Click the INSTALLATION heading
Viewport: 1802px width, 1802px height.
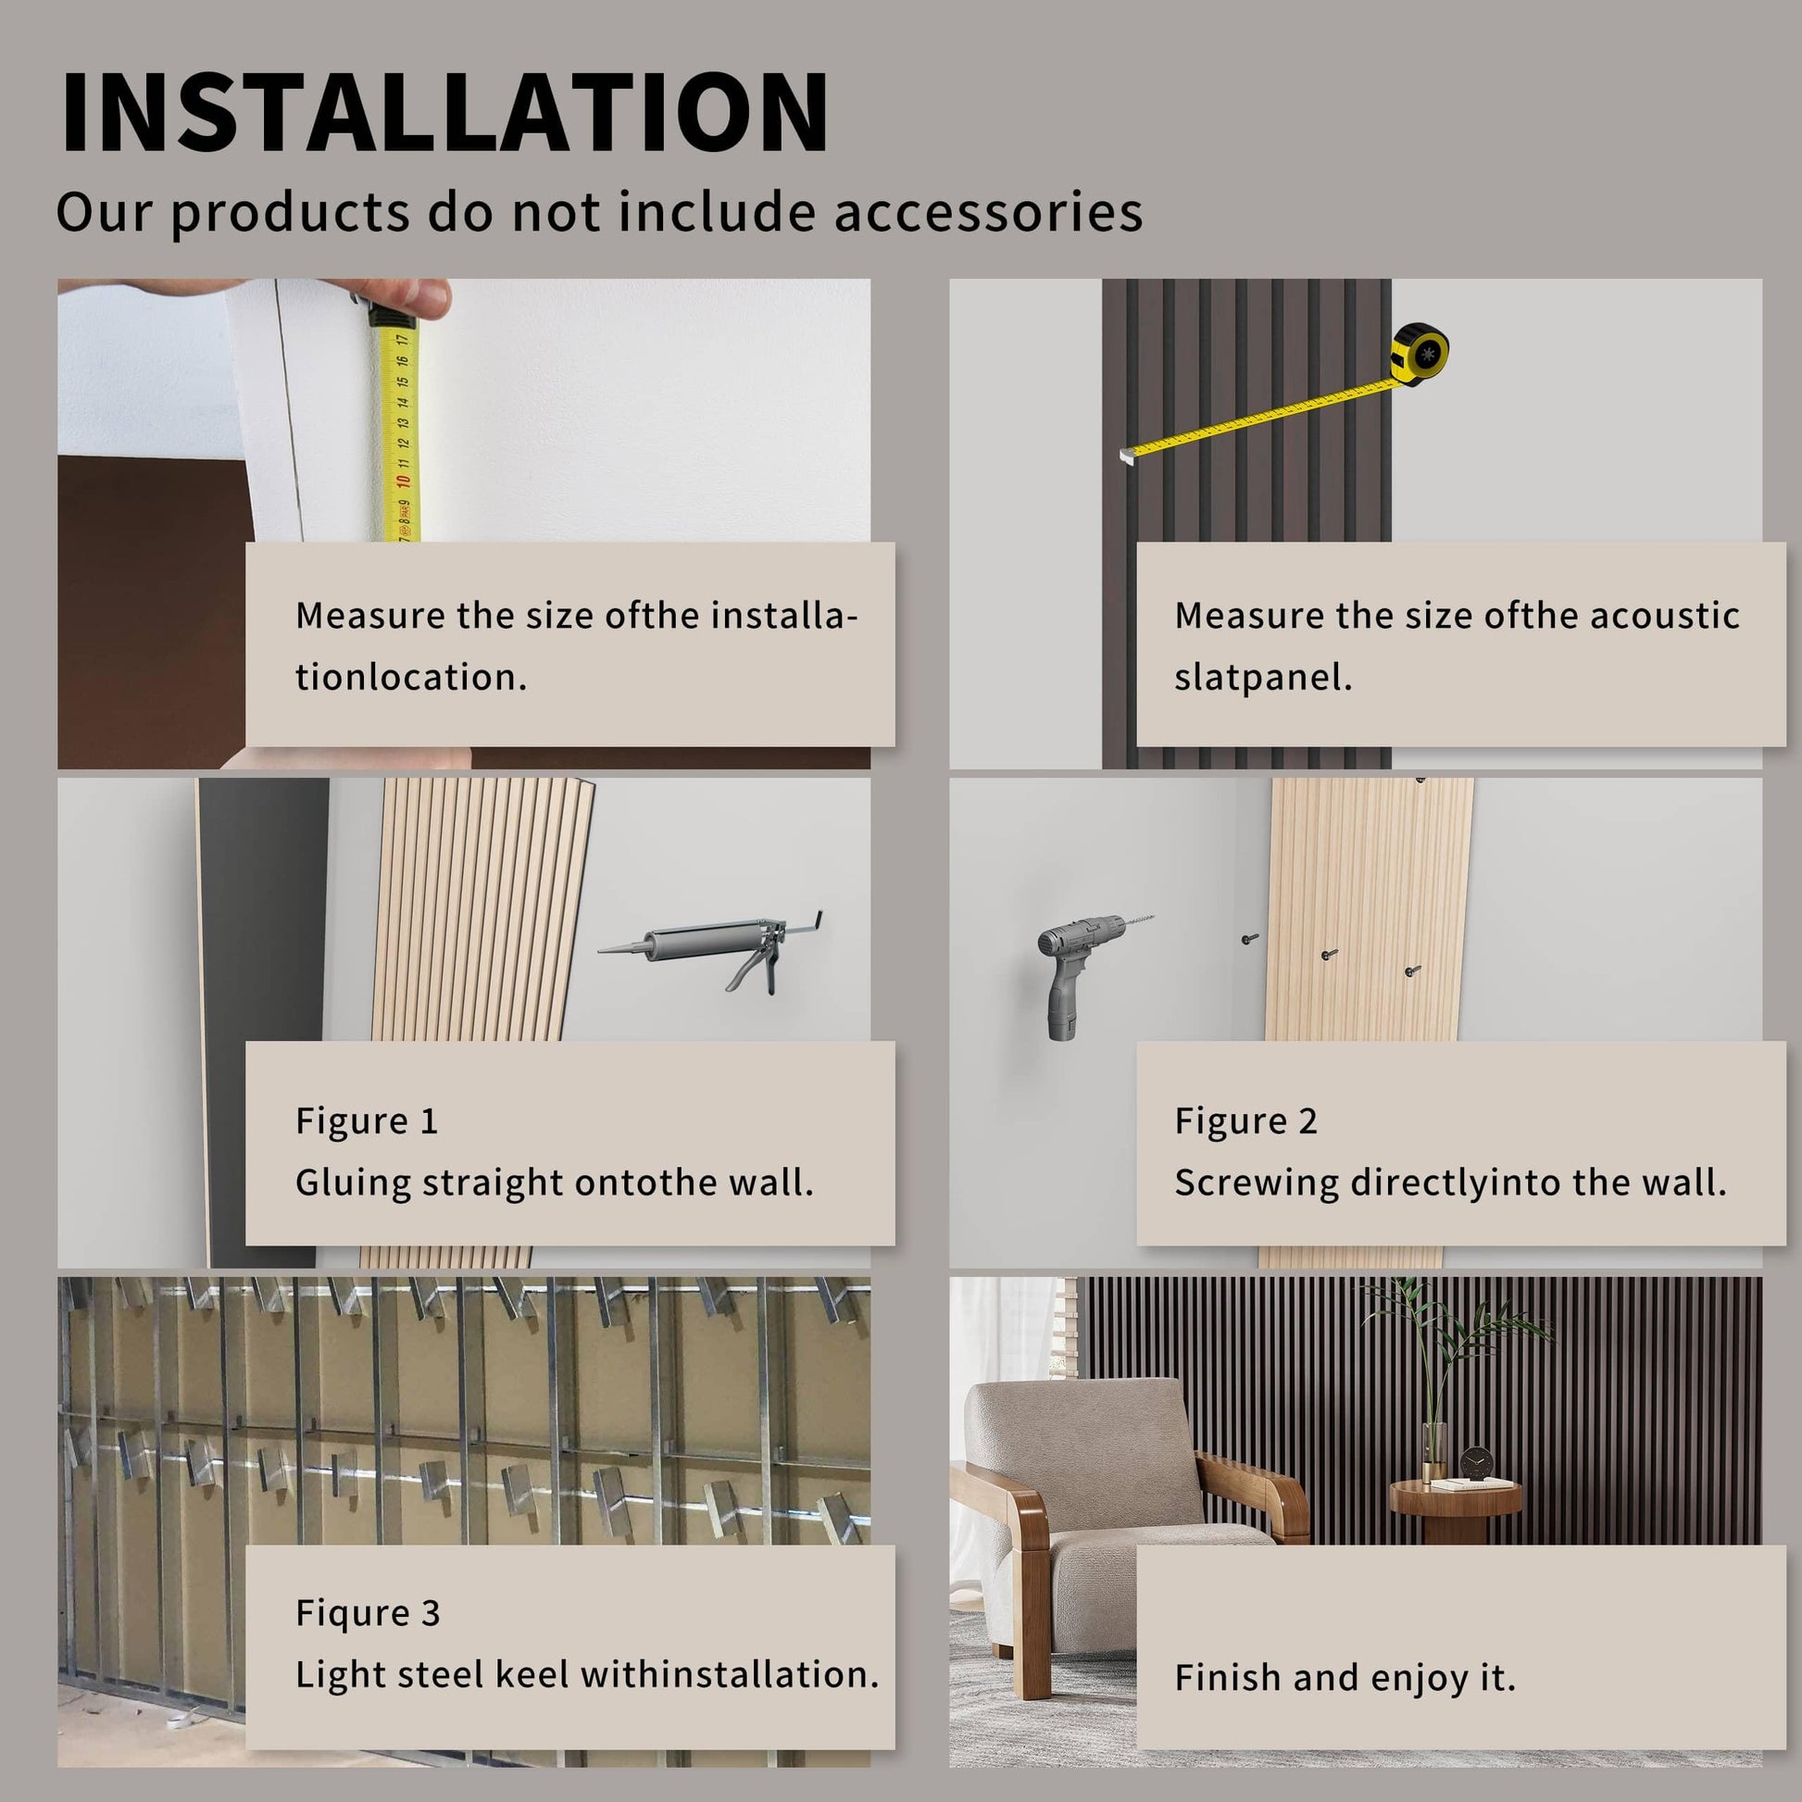click(444, 111)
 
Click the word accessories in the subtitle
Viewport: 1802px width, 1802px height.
click(989, 212)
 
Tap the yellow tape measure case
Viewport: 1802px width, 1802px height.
click(1420, 354)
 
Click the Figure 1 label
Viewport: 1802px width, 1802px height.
click(367, 1120)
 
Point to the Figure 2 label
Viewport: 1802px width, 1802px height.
click(1246, 1120)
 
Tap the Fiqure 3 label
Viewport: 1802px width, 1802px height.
click(368, 1613)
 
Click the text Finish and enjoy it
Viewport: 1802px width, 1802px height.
click(1345, 1677)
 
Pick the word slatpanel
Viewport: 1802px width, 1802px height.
click(1263, 677)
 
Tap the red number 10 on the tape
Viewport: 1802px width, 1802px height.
click(403, 482)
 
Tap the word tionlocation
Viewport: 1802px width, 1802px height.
click(411, 677)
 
